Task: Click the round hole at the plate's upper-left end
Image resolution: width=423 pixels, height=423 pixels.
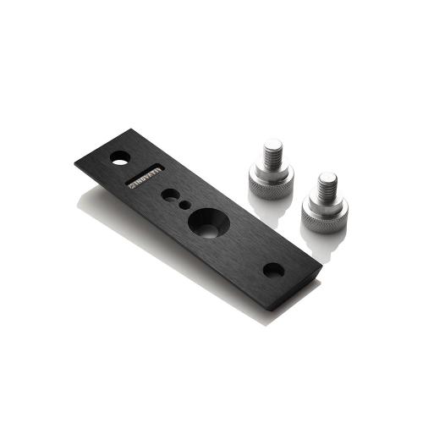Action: [x=120, y=157]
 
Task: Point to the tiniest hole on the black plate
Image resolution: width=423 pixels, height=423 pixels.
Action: [x=184, y=205]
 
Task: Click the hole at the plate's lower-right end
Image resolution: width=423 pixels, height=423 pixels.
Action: [x=272, y=271]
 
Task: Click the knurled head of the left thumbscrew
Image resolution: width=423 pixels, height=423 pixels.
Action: [x=272, y=184]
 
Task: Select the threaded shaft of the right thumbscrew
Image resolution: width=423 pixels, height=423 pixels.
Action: [x=326, y=187]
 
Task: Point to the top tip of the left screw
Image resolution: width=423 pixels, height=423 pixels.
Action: [x=272, y=145]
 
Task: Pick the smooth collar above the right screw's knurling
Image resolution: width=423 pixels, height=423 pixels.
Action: [x=326, y=203]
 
